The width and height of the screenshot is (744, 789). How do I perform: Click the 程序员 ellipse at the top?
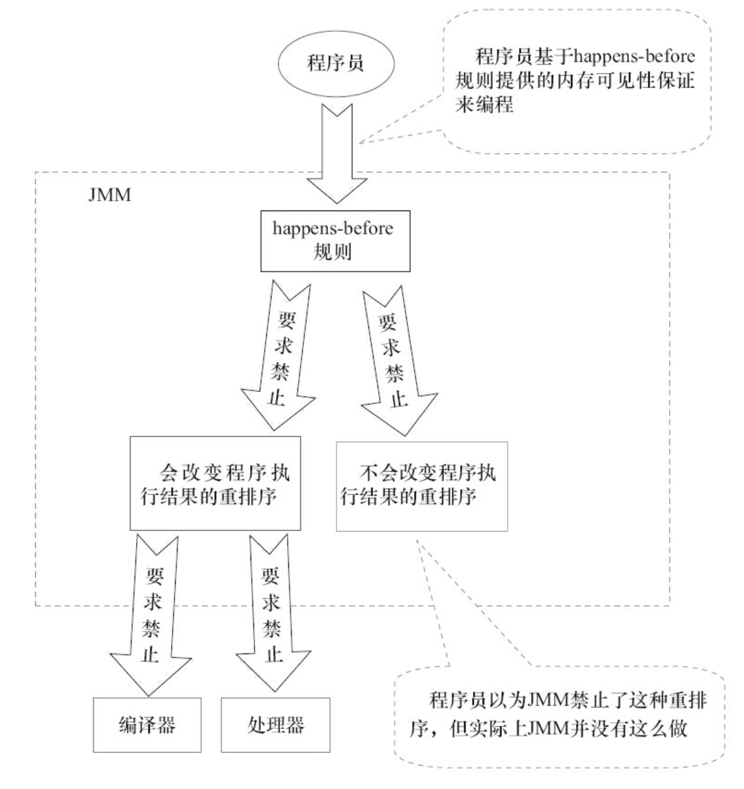pyautogui.click(x=335, y=63)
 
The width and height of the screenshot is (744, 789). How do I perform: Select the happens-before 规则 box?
pyautogui.click(x=335, y=240)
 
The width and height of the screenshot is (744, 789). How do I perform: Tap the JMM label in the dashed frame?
pyautogui.click(x=109, y=195)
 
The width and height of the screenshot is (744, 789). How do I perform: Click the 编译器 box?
pyautogui.click(x=146, y=725)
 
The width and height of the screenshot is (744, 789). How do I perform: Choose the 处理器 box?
pyautogui.click(x=275, y=725)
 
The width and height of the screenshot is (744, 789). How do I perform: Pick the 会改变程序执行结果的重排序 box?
pyautogui.click(x=215, y=483)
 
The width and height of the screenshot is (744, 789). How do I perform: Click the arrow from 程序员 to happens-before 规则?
pyautogui.click(x=335, y=156)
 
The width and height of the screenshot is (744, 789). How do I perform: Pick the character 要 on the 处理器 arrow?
pyautogui.click(x=271, y=575)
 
